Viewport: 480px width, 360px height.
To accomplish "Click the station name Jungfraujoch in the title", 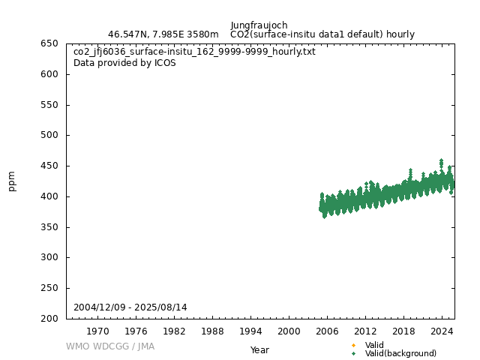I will click(259, 25).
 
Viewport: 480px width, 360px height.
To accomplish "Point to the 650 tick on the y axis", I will click(50, 43).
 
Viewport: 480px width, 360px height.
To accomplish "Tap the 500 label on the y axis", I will click(50, 136).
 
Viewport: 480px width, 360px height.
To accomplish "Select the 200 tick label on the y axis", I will click(50, 319).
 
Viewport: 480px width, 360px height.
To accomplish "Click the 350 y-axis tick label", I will click(50, 227).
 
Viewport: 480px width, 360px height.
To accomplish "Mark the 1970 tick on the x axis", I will click(97, 331).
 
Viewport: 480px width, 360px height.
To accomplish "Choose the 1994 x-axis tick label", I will click(250, 331).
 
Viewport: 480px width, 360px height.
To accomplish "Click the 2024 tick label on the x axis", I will click(442, 331).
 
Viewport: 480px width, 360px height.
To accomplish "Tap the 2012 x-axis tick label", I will click(365, 331).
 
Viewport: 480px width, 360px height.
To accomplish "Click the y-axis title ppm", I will click(12, 181).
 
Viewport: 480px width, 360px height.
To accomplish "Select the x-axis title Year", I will click(259, 350).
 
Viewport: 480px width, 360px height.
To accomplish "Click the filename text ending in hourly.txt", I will click(194, 52).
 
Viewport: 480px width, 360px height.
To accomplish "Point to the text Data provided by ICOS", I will click(124, 63).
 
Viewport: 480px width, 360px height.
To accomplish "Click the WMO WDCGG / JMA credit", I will click(110, 346).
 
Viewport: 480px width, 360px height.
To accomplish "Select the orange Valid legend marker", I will click(353, 345).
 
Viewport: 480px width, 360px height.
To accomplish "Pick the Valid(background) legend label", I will click(400, 353).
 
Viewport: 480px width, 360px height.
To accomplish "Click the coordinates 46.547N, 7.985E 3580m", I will click(163, 34).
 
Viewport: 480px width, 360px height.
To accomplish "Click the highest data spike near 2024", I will click(441, 160).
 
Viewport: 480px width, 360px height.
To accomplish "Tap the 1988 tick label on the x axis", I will click(212, 331).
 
